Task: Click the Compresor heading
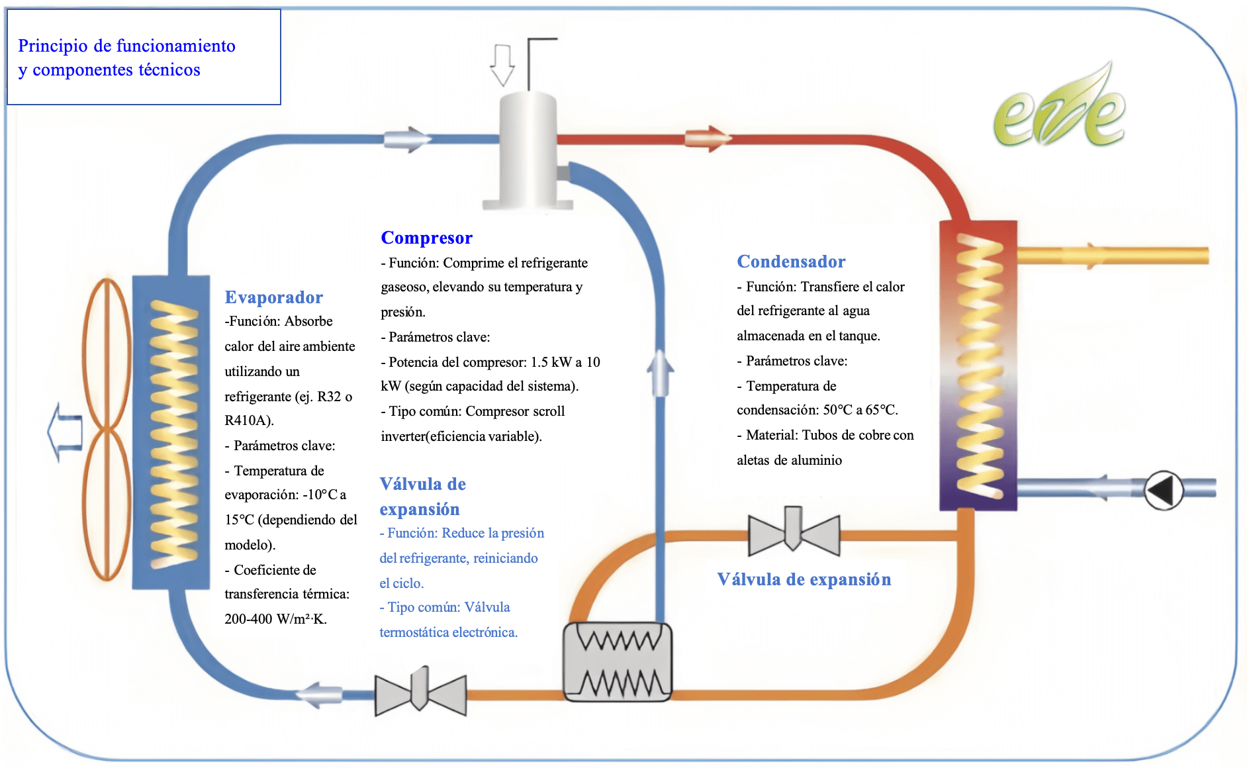click(426, 238)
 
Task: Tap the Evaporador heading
click(273, 297)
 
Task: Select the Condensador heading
click(791, 262)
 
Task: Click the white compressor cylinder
click(528, 152)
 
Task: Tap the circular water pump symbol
click(1164, 491)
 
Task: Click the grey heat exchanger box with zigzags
click(617, 661)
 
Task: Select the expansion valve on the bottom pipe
click(420, 692)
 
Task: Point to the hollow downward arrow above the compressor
click(502, 65)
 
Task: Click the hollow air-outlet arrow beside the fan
click(65, 432)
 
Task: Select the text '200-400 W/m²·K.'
click(275, 619)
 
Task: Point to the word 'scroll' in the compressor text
click(548, 411)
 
